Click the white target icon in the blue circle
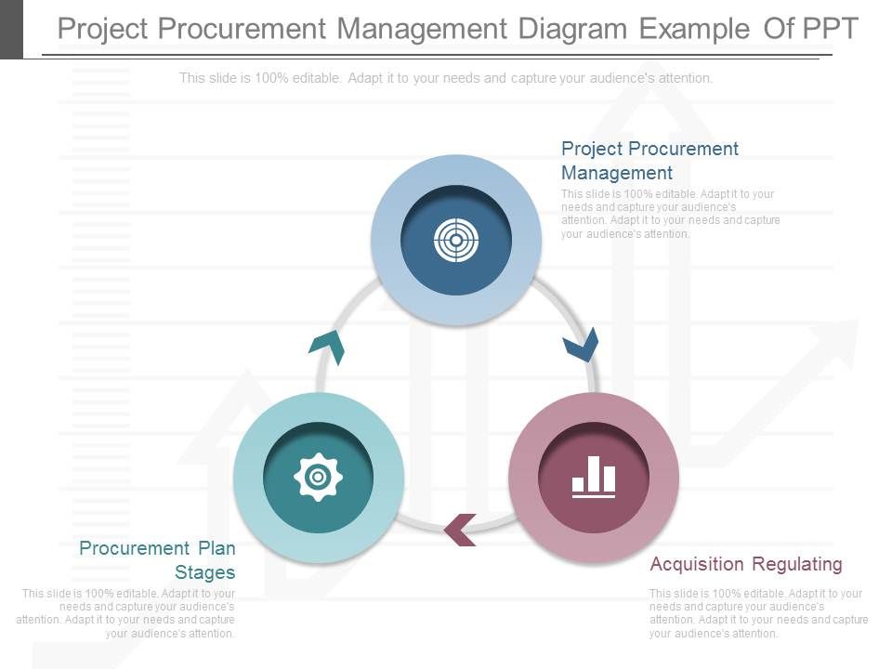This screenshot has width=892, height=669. click(456, 241)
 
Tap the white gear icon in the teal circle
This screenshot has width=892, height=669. click(318, 478)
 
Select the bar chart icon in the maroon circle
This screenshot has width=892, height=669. click(594, 477)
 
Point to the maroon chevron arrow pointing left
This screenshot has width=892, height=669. click(460, 530)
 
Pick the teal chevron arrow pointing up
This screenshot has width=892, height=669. click(327, 347)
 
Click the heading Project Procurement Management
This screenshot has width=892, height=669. click(649, 161)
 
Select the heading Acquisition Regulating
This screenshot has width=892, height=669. click(746, 564)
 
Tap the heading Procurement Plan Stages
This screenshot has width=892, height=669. click(157, 560)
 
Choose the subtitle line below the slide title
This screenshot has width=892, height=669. click(446, 78)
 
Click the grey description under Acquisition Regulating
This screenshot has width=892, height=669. click(758, 613)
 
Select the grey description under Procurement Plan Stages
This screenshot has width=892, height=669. click(126, 613)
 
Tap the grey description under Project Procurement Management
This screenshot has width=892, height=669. click(670, 214)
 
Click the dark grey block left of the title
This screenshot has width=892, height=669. click(11, 29)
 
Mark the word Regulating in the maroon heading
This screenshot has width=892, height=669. click(798, 564)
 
